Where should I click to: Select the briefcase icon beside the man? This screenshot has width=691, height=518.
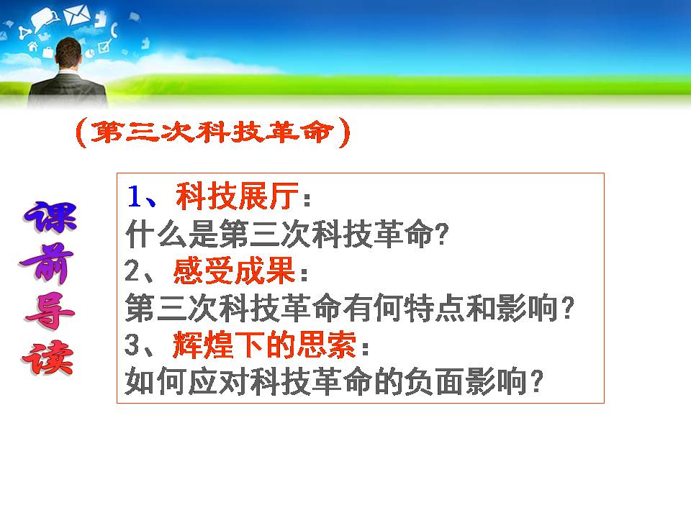coord(48,52)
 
